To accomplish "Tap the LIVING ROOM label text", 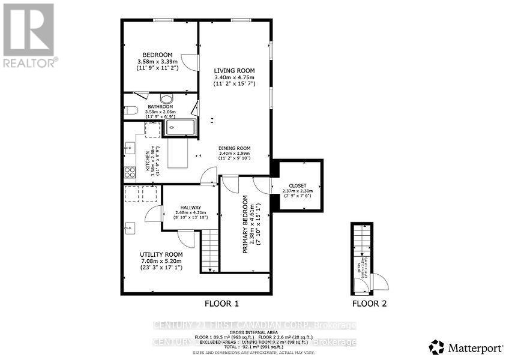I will (234, 71).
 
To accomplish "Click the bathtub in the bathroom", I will (179, 127).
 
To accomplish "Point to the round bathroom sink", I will (167, 100).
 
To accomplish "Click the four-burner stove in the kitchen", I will (129, 173).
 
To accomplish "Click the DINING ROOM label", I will (234, 148).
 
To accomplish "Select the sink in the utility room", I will (130, 227).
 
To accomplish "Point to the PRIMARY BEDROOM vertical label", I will (245, 224).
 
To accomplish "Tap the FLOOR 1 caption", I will (222, 304).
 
